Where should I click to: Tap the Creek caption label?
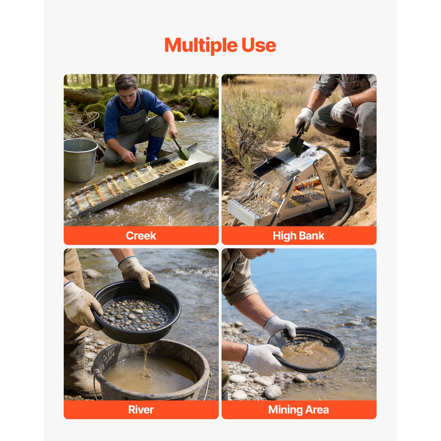141,236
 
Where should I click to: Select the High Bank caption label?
299,236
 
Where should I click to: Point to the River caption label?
141,410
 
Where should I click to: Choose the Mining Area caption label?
299,410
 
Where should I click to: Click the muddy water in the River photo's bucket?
150,375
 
